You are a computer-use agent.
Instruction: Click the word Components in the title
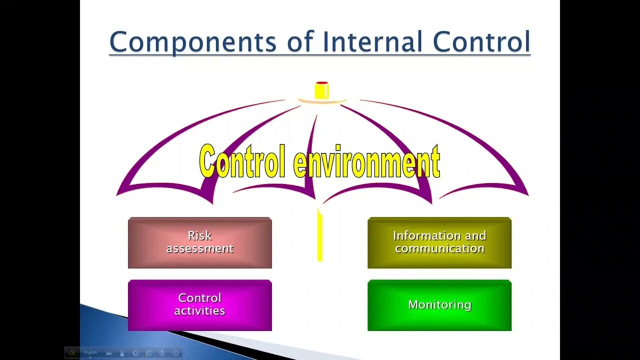click(x=192, y=42)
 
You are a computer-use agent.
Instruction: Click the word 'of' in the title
click(x=298, y=42)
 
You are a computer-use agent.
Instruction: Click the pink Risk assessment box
click(x=200, y=243)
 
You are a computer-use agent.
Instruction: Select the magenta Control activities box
click(x=200, y=305)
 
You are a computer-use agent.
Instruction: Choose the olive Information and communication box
click(x=439, y=243)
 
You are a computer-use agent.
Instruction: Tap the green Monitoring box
click(x=439, y=305)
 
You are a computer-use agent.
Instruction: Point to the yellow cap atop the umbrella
click(x=322, y=90)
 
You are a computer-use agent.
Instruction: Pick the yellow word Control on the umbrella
click(x=243, y=161)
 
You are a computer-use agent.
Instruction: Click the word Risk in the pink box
click(x=200, y=235)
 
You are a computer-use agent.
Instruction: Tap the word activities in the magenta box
click(x=200, y=311)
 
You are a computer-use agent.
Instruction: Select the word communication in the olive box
click(x=439, y=248)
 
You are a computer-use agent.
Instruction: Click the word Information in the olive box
click(x=419, y=235)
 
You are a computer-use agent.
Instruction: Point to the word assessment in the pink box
click(x=200, y=248)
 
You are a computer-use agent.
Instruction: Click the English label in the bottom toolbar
click(x=90, y=353)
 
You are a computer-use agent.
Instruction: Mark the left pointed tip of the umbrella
click(x=117, y=194)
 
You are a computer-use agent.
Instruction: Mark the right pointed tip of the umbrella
click(x=527, y=194)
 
